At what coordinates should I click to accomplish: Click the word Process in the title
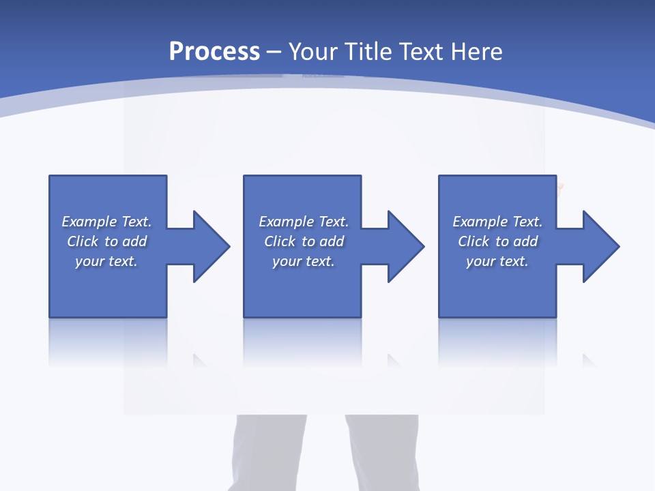tap(214, 52)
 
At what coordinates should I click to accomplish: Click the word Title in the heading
tap(368, 52)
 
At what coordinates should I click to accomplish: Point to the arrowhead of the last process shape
tap(600, 246)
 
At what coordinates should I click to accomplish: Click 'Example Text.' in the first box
tap(106, 222)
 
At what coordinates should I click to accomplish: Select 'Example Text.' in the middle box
tap(304, 222)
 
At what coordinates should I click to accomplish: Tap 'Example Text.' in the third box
tap(497, 222)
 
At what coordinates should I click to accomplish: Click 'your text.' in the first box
tap(106, 261)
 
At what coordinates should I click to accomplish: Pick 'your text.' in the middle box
tap(304, 261)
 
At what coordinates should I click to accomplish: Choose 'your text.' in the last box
tap(497, 261)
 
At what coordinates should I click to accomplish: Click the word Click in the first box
tap(83, 241)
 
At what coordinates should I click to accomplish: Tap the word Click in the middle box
tap(280, 241)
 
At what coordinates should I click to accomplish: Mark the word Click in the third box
tap(474, 241)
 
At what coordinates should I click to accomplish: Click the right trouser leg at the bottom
tap(382, 453)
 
